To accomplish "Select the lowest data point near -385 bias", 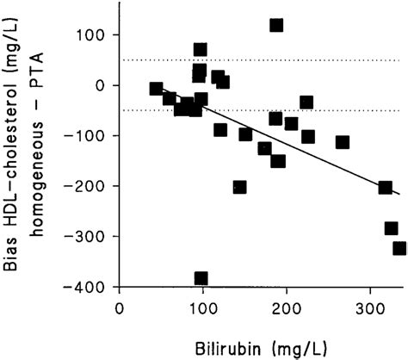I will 201,278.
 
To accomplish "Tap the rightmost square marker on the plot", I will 399,248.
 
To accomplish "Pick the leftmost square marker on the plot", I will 156,89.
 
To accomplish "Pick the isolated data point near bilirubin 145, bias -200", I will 239,187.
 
